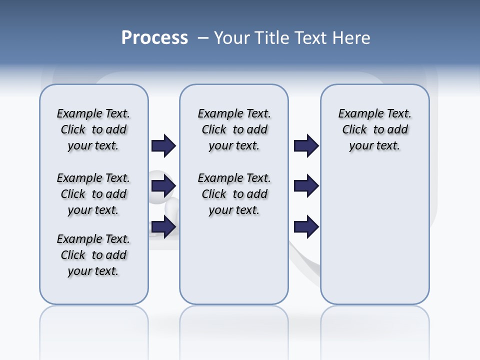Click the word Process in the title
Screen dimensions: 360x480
[154, 37]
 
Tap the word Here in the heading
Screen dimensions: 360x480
[353, 37]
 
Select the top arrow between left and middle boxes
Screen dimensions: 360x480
[163, 146]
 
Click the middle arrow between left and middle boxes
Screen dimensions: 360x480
[163, 186]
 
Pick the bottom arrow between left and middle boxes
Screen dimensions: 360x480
[163, 226]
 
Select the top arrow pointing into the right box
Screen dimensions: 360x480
[306, 146]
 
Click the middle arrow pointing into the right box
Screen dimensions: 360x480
[306, 186]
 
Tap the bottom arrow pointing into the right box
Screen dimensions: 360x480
[306, 226]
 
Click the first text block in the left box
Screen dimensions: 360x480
[93, 129]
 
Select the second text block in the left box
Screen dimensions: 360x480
[93, 194]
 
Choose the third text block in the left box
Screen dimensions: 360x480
[93, 255]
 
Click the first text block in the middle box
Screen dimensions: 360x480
[234, 129]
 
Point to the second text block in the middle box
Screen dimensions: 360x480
[234, 194]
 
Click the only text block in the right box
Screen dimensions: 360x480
[375, 129]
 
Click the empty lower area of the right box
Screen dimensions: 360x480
[375, 240]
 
